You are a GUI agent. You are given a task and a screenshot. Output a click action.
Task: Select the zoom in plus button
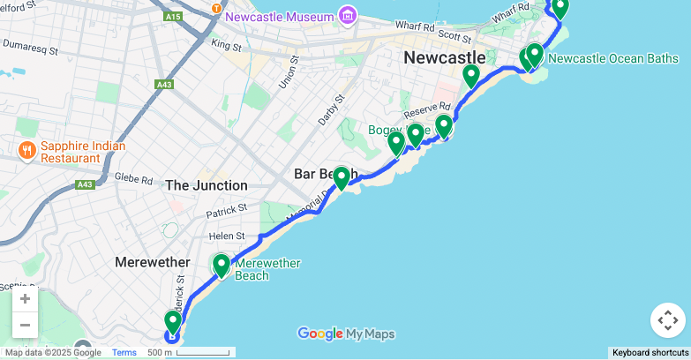(25, 298)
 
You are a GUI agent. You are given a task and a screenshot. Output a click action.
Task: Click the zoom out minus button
(25, 325)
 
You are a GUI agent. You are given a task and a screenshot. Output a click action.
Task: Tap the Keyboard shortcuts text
(650, 353)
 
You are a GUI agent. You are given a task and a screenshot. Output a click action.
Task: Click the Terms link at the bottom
(124, 353)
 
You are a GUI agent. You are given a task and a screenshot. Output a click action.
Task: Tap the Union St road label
(284, 73)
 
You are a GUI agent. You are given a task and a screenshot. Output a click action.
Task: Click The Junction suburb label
(207, 185)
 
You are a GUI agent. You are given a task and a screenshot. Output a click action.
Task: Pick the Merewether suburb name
(152, 262)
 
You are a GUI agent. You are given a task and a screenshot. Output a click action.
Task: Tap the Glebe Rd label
(133, 178)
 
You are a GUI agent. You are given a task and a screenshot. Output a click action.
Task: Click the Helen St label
(227, 236)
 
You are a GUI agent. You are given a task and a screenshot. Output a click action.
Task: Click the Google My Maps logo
(346, 334)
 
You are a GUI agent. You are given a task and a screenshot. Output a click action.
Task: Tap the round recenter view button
(667, 320)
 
